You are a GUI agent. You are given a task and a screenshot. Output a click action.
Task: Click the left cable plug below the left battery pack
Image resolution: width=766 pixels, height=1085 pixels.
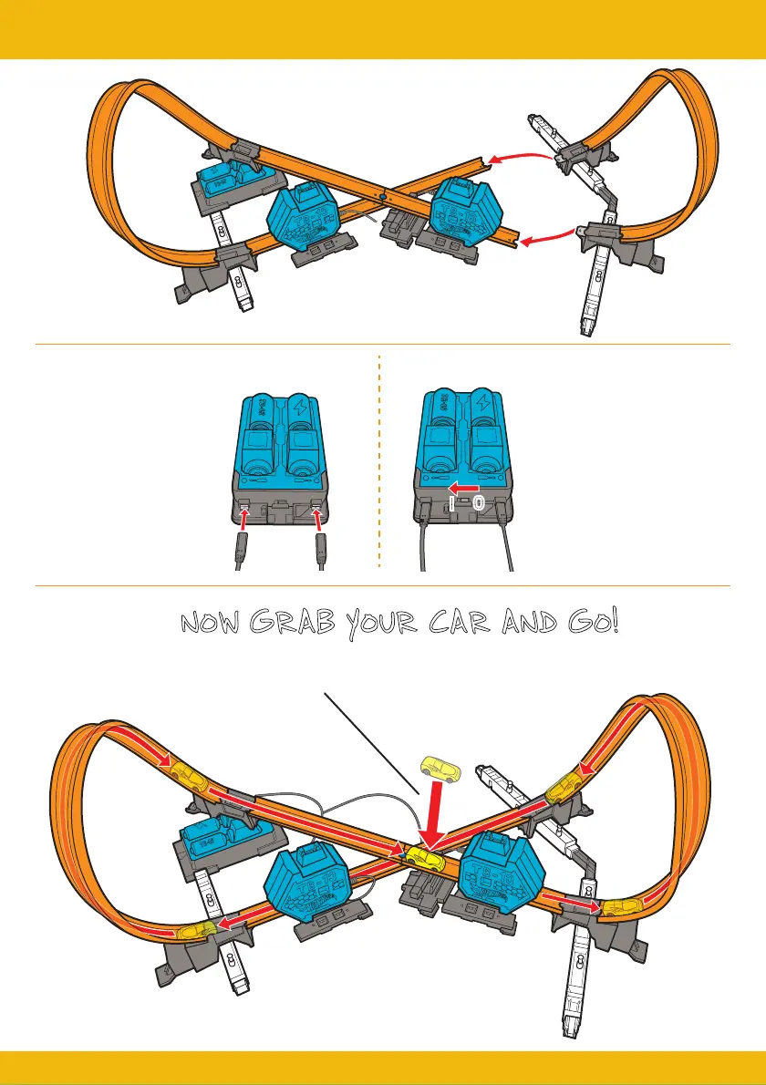[x=241, y=548]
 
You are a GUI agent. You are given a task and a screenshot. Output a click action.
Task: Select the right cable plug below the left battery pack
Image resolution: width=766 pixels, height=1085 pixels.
[x=320, y=548]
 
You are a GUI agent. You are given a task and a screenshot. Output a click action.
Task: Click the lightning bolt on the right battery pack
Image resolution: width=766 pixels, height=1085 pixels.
[x=481, y=407]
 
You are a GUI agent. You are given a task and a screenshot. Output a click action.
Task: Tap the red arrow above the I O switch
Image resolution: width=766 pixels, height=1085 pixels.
[x=464, y=490]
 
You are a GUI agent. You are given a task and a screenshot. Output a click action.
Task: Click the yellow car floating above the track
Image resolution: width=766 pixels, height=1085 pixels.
[x=440, y=770]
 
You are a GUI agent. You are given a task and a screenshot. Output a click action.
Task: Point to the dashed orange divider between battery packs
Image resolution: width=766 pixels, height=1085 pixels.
[x=378, y=465]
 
